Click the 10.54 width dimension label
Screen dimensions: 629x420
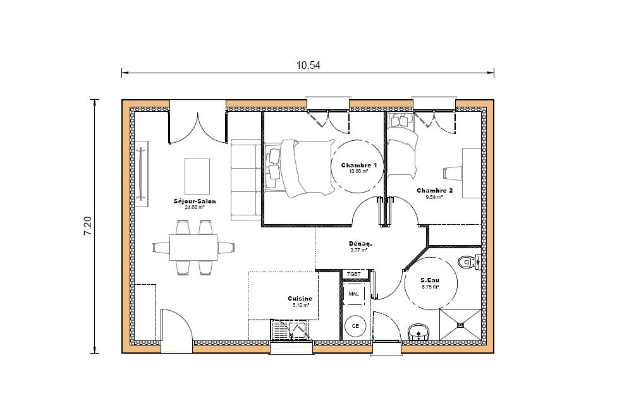tap(308, 65)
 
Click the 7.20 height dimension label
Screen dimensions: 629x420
tap(87, 226)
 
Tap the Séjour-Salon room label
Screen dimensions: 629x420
tap(195, 201)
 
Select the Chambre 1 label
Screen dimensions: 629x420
tap(359, 165)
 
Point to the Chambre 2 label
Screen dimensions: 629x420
tap(434, 190)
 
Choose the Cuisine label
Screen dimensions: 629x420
tap(300, 299)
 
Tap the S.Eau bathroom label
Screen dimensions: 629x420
tap(429, 280)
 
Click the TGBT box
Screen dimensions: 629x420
tap(354, 274)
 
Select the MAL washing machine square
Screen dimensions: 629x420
tap(354, 294)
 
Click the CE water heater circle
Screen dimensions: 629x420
tap(355, 326)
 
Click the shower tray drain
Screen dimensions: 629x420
tap(460, 325)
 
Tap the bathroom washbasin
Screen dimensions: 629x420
tap(418, 332)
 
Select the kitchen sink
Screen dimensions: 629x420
tap(298, 330)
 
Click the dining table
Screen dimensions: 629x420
tap(193, 248)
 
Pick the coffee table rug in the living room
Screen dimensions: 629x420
tap(197, 176)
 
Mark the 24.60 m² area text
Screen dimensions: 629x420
tap(195, 208)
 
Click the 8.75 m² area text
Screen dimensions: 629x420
tap(430, 287)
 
